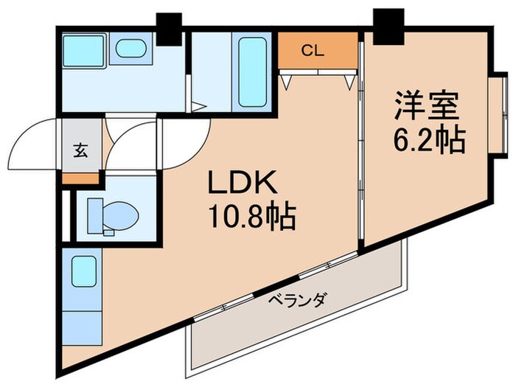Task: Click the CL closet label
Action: pyautogui.click(x=313, y=51)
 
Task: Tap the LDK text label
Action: pyautogui.click(x=243, y=183)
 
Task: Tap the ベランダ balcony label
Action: pyautogui.click(x=298, y=299)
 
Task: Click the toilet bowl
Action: pyautogui.click(x=113, y=217)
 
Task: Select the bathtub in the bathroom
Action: pyautogui.click(x=252, y=72)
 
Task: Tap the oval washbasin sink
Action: pyautogui.click(x=131, y=48)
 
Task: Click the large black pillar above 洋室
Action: pyautogui.click(x=388, y=27)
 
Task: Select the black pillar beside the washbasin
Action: pyautogui.click(x=169, y=29)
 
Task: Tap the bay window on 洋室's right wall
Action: pyautogui.click(x=499, y=114)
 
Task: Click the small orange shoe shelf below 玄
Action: pyautogui.click(x=80, y=178)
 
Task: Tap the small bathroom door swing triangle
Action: pyautogui.click(x=199, y=107)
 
